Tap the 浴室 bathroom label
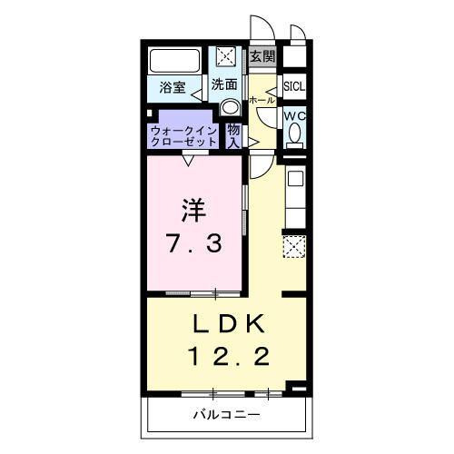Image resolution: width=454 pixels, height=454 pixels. tap(173, 87)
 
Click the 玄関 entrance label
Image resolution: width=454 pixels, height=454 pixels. tap(262, 56)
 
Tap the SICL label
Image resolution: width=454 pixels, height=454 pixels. tap(293, 87)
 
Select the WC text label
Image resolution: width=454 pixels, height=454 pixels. tap(293, 117)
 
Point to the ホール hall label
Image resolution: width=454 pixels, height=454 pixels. tap(260, 100)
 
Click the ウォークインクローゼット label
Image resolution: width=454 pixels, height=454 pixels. tap(184, 135)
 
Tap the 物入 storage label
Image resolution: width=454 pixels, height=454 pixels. tap(233, 135)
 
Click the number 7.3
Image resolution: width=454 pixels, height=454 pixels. tap(192, 243)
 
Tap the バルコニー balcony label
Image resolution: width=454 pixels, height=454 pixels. tap(226, 415)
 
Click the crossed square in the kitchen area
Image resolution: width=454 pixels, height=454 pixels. tap(294, 245)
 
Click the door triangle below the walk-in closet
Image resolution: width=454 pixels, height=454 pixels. tap(188, 161)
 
